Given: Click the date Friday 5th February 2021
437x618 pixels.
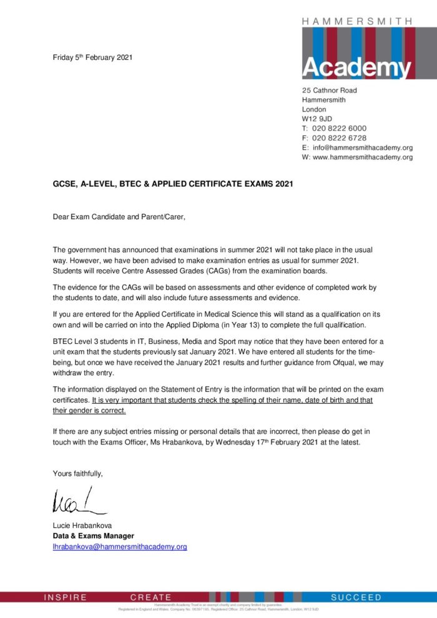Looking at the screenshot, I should click(92, 58).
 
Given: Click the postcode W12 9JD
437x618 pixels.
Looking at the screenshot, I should click(317, 119).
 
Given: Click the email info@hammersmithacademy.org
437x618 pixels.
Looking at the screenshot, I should click(363, 148).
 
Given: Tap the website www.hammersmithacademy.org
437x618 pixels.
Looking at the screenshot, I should click(363, 157).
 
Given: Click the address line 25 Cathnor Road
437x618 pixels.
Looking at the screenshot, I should click(330, 90).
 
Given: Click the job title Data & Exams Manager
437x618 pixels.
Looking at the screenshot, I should click(93, 536).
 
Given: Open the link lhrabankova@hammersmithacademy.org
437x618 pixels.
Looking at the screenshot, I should click(120, 547).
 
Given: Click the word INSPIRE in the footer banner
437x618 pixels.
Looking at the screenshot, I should click(66, 597).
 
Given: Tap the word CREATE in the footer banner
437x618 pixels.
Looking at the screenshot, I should click(150, 597).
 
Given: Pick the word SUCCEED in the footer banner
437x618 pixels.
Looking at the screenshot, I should click(356, 597).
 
